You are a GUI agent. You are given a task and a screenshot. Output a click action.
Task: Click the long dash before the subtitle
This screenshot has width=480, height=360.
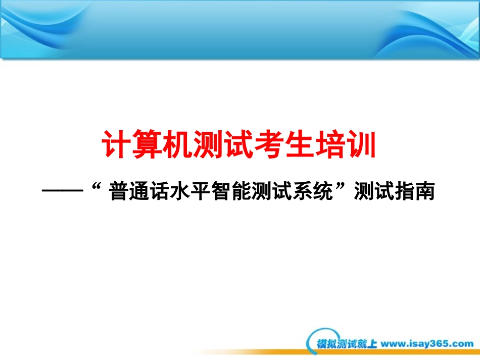point(63,191)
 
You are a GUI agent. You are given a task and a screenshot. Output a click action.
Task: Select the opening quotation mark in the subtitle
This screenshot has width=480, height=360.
point(97,186)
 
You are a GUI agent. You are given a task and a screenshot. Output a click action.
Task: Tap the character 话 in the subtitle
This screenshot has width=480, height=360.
point(160,191)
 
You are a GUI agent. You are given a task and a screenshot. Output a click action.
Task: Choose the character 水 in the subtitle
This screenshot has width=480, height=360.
point(180,191)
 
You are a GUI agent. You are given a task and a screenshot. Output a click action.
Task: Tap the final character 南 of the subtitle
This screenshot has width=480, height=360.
point(425,191)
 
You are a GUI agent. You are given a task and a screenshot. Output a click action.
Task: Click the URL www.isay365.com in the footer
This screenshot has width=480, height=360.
point(427,344)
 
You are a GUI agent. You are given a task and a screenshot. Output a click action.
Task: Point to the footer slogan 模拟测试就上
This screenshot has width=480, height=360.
point(347,344)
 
